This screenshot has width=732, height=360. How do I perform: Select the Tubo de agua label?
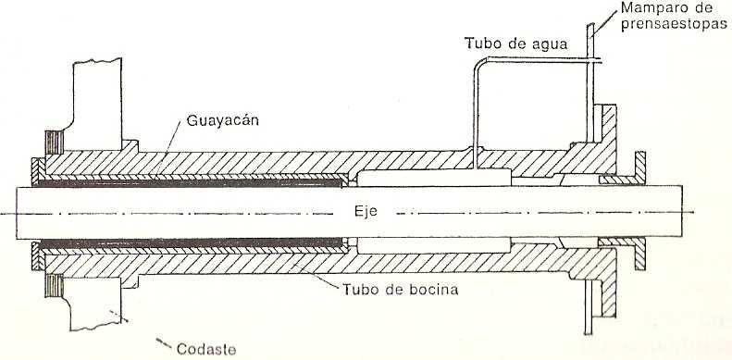(x=510, y=43)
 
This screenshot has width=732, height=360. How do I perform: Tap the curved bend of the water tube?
(x=474, y=65)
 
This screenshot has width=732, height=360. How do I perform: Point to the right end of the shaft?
(x=683, y=210)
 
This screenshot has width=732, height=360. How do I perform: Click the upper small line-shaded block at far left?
(x=51, y=144)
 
